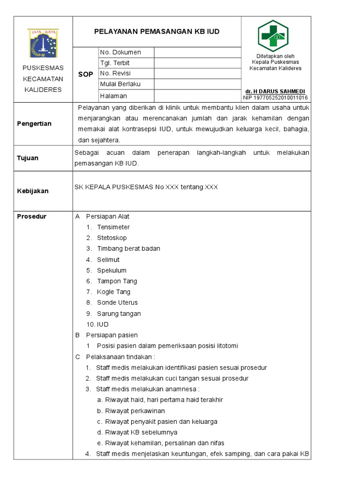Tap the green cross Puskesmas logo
(273, 36)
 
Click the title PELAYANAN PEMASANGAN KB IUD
(157, 31)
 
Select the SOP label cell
(85, 75)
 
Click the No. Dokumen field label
(120, 52)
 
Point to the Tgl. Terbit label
(115, 63)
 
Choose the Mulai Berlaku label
(120, 84)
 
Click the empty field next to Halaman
(197, 96)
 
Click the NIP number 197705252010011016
(275, 97)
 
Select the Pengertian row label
(34, 124)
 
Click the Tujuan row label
(28, 158)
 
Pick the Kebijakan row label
(33, 191)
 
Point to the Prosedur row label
(31, 217)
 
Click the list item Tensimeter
(113, 227)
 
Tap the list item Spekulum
(112, 270)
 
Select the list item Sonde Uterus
(117, 303)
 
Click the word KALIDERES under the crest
(43, 90)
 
